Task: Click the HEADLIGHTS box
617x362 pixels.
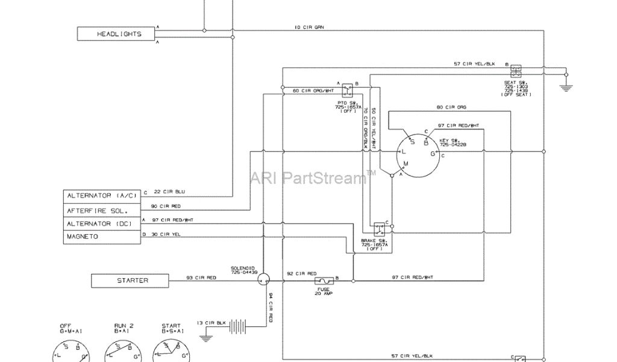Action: coord(119,34)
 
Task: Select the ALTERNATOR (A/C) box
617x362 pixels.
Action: coord(102,196)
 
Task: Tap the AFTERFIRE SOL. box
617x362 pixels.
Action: coord(102,210)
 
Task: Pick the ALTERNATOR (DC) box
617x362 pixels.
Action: coord(102,224)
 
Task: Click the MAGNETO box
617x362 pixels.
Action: coord(102,237)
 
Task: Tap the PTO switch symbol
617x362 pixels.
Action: coord(348,92)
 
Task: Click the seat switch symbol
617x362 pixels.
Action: coord(517,70)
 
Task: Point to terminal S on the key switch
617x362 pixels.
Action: coord(413,142)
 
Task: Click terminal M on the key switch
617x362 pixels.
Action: coord(406,164)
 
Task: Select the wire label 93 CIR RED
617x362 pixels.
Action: coord(201,278)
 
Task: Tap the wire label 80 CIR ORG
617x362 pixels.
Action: coord(451,107)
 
